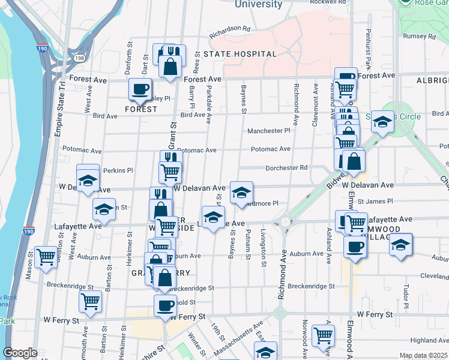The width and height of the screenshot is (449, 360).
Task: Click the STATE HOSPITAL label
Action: [240, 54]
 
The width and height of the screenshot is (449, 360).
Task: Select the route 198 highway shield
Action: [80, 58]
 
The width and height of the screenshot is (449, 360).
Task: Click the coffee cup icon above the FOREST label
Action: [140, 89]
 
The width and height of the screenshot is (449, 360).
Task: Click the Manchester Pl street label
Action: [268, 130]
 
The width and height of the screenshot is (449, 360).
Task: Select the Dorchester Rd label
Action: [286, 167]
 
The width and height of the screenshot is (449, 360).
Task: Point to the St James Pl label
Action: [375, 202]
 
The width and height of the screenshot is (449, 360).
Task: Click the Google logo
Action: [20, 353]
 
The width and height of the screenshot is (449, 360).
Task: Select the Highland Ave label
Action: [429, 340]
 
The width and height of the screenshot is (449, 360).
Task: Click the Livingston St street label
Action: [264, 247]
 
